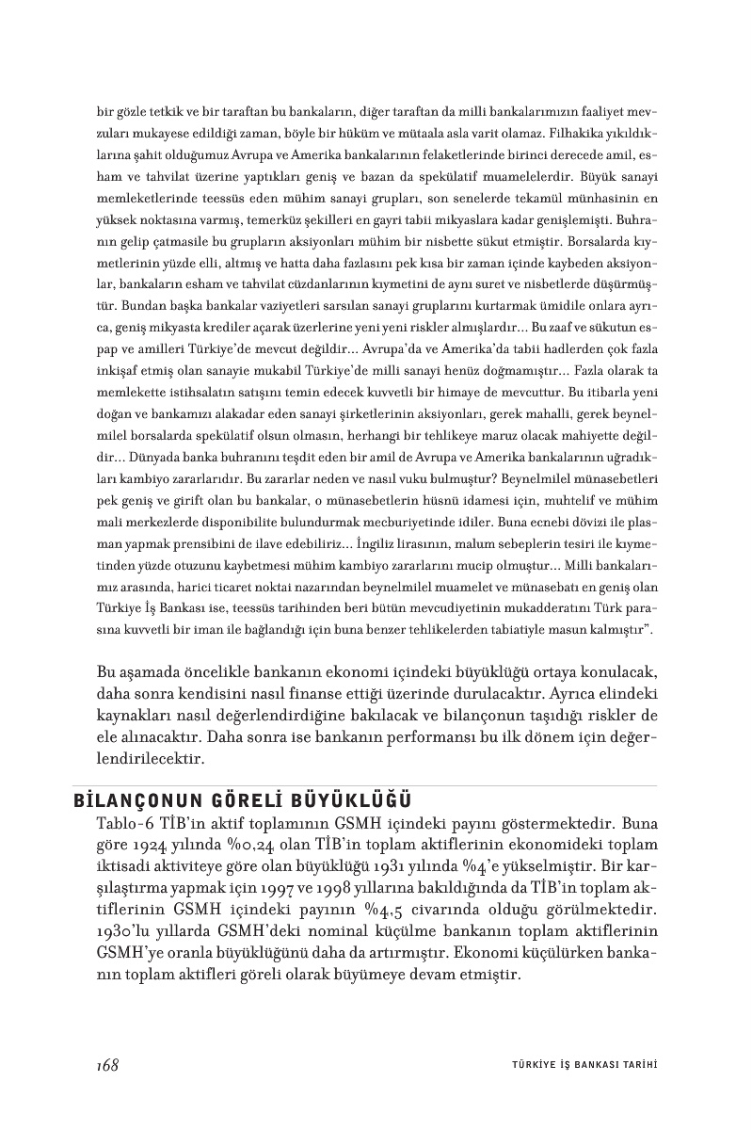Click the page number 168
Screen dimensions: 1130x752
pyautogui.click(x=106, y=1065)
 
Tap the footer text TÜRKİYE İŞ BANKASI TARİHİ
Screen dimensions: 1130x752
pyautogui.click(x=577, y=1066)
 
